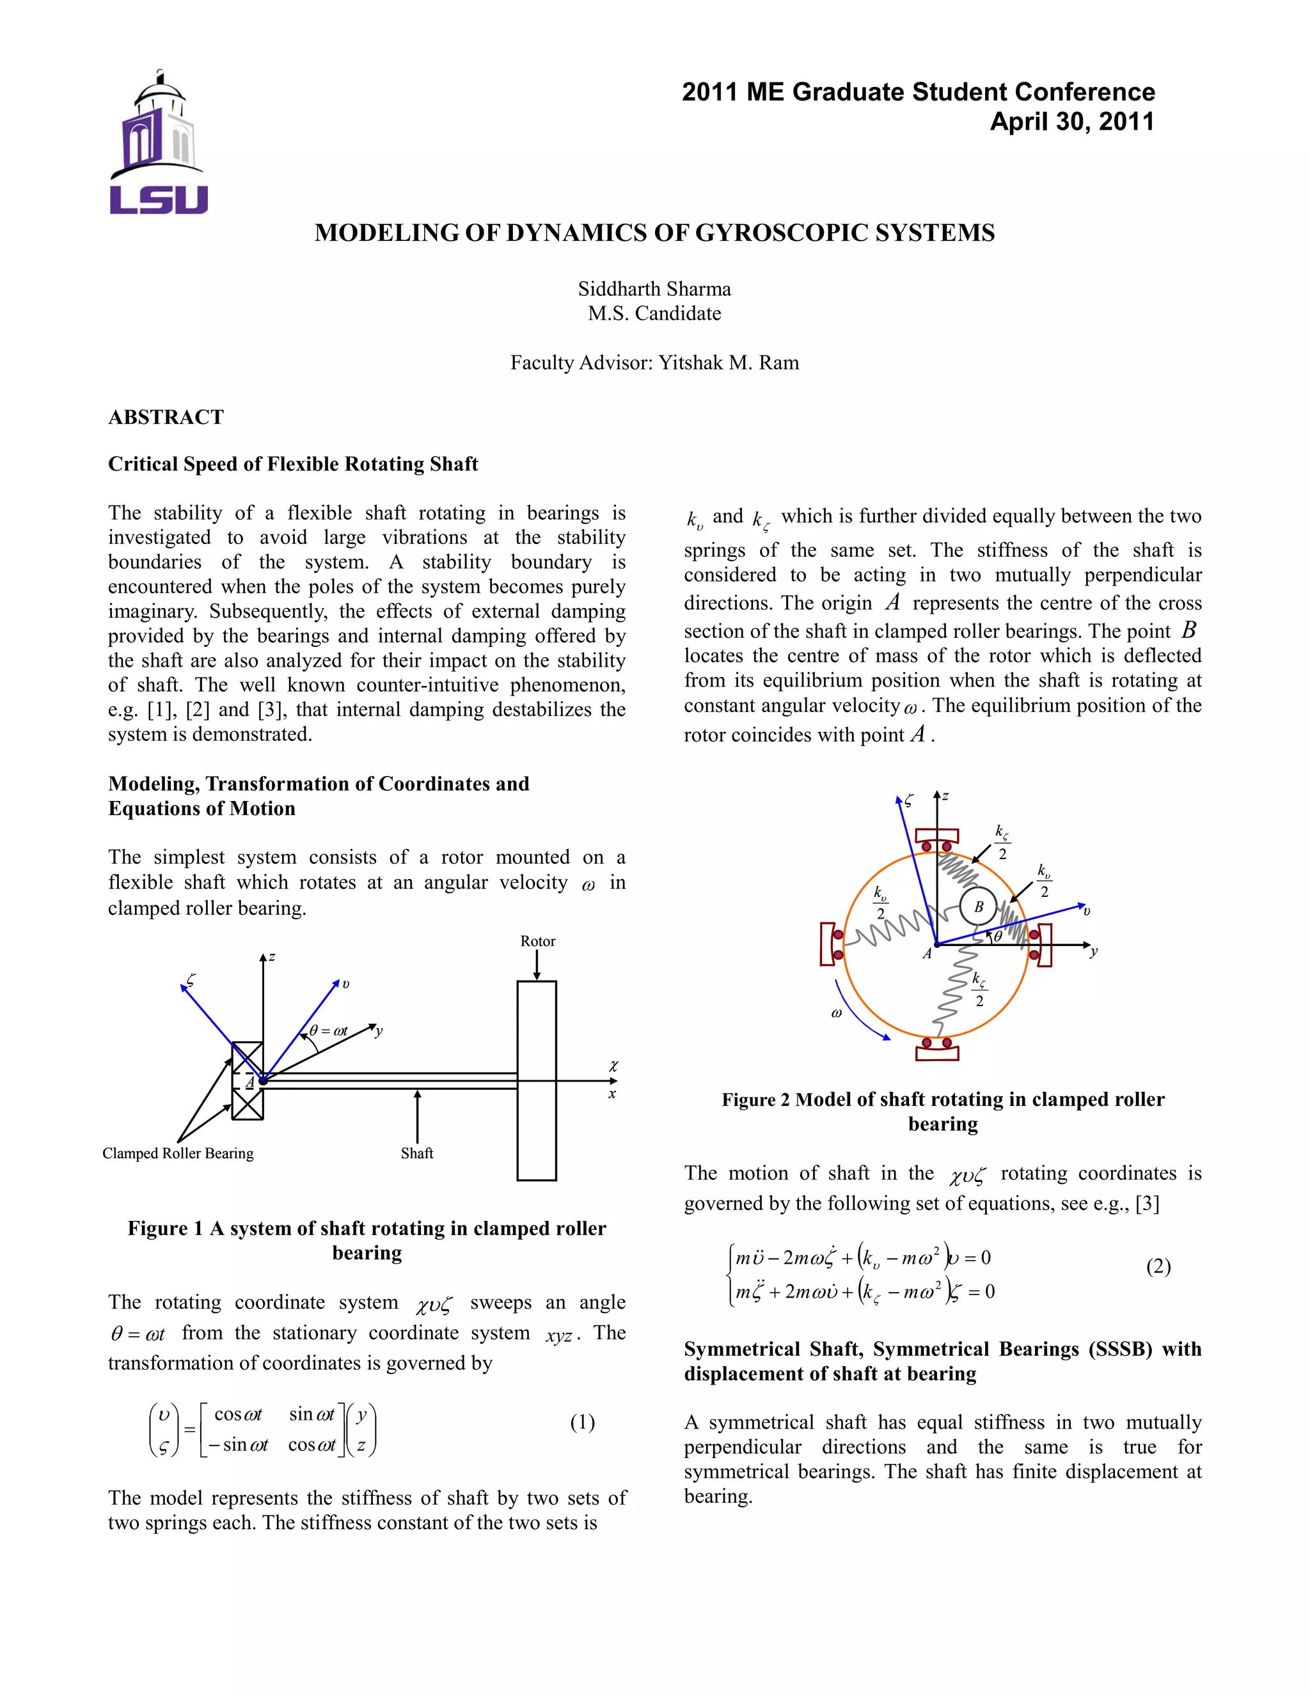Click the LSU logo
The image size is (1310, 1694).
click(x=159, y=143)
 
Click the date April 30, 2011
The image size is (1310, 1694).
click(x=1072, y=121)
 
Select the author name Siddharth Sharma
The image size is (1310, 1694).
click(x=654, y=290)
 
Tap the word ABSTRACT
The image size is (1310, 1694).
click(x=166, y=417)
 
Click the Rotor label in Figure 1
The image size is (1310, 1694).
click(x=538, y=941)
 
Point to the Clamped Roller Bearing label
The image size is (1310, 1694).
click(x=178, y=1153)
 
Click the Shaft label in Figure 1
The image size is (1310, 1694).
click(x=417, y=1153)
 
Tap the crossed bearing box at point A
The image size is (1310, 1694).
click(x=248, y=1081)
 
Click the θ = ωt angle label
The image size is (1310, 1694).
click(x=328, y=1031)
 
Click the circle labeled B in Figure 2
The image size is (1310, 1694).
click(x=979, y=906)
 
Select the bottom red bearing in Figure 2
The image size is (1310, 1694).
click(x=938, y=1050)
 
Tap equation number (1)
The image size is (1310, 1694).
click(x=582, y=1422)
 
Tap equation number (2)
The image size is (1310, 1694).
click(x=1158, y=1266)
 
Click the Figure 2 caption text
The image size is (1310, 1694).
click(x=943, y=1111)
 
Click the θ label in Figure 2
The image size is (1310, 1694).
click(x=998, y=936)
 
